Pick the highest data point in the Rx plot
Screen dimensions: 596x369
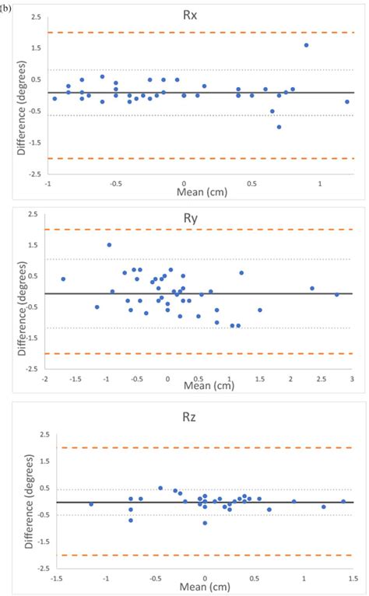click(x=306, y=45)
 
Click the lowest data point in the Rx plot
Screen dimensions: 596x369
click(x=279, y=127)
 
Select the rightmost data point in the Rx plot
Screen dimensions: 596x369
click(x=347, y=102)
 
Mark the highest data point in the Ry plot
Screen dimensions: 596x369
click(x=109, y=245)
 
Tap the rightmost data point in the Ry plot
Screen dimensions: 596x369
click(x=337, y=295)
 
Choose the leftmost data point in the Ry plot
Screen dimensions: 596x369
click(x=63, y=279)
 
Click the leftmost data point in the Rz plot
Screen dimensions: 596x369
click(x=91, y=504)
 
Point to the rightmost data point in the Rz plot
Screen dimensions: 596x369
click(x=343, y=502)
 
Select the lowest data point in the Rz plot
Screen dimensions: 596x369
click(x=205, y=523)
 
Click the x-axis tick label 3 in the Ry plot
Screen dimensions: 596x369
click(x=352, y=379)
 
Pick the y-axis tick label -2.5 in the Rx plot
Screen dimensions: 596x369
click(x=28, y=174)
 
